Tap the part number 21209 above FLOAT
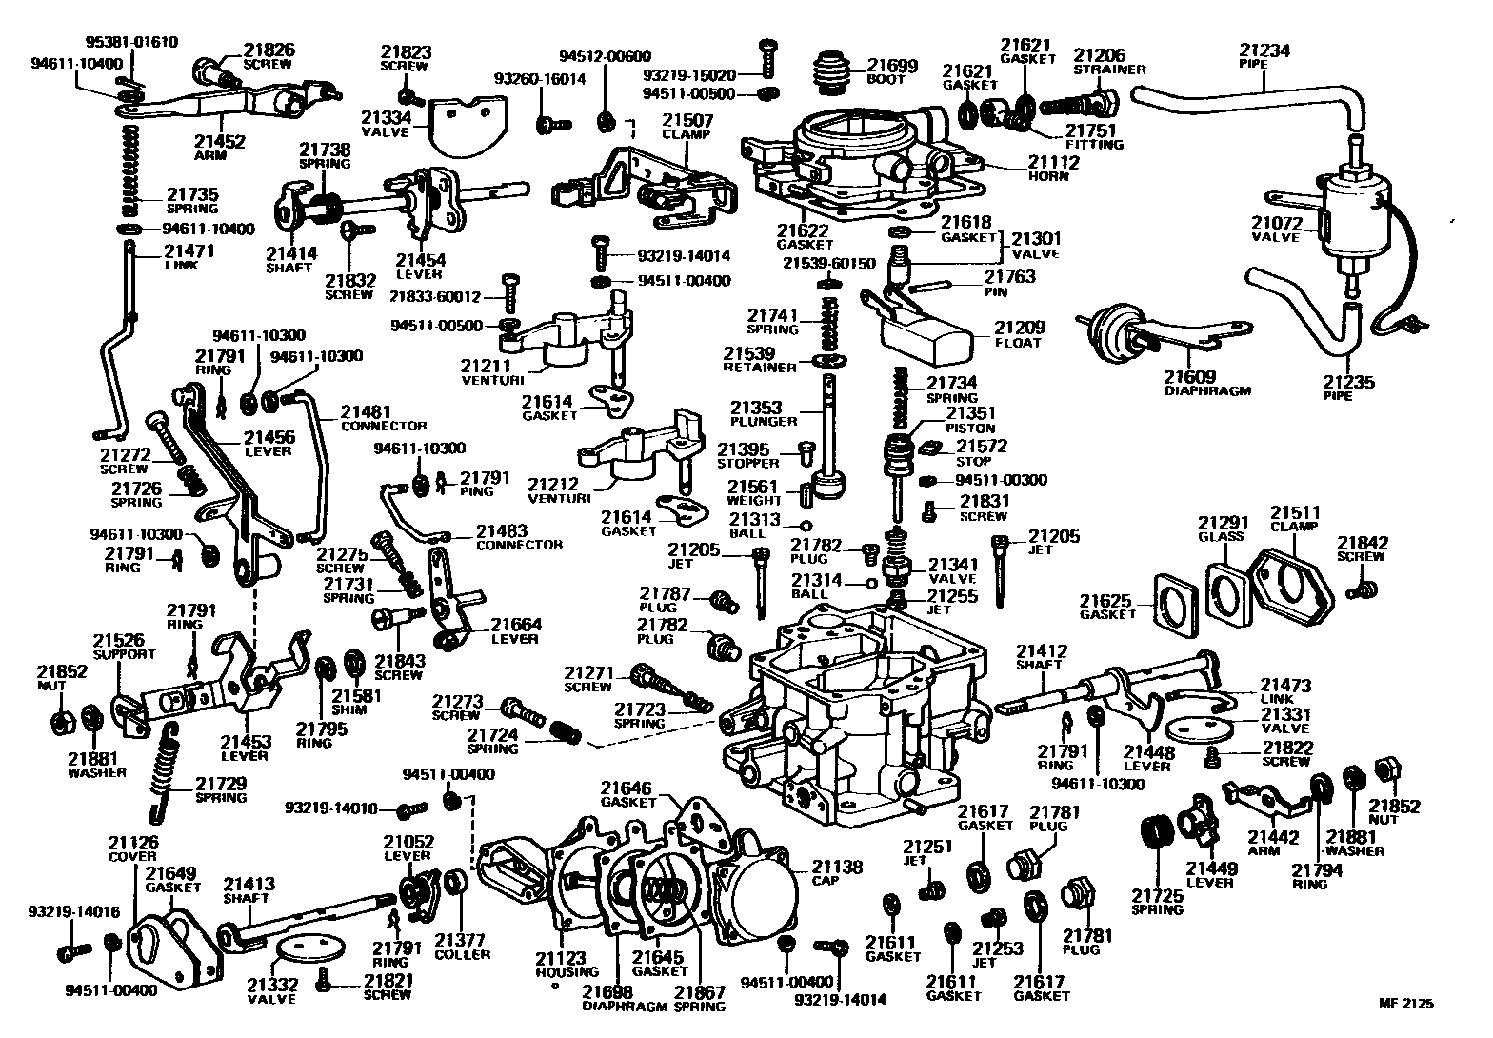[1019, 327]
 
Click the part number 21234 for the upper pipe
[1264, 51]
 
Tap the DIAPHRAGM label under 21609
[1207, 390]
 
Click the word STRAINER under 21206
[1109, 70]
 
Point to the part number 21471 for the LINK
[189, 251]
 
